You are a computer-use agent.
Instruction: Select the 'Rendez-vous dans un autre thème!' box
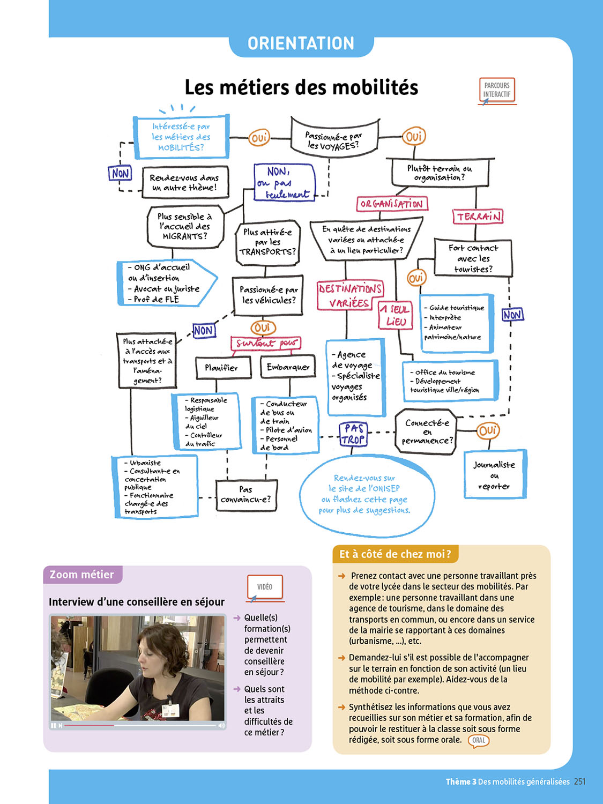[x=185, y=182]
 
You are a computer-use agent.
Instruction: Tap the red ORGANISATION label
[x=392, y=204]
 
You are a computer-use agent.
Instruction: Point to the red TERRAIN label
[x=478, y=216]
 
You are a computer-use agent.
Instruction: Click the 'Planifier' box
[x=221, y=368]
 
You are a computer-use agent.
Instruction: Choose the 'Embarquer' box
[x=288, y=367]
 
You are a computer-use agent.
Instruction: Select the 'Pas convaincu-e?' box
[x=245, y=495]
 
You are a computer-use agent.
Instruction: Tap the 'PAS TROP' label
[x=354, y=434]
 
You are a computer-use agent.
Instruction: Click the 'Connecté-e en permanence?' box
[x=427, y=431]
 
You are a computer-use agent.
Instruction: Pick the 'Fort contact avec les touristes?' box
[x=473, y=258]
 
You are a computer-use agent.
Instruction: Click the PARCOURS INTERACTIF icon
[x=497, y=90]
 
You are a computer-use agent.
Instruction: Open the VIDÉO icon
[x=265, y=587]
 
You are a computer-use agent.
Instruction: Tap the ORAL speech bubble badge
[x=479, y=740]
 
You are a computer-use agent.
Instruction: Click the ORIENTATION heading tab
[x=301, y=43]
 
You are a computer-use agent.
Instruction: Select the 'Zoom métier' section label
[x=82, y=575]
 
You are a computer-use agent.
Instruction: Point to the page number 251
[x=579, y=781]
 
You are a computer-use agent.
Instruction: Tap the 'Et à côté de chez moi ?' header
[x=395, y=554]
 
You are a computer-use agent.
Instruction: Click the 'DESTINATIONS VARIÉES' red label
[x=349, y=295]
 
